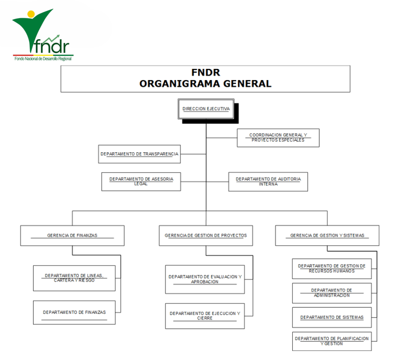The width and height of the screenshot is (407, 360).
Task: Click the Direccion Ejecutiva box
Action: tap(206, 109)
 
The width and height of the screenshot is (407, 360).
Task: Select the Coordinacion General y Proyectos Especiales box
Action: tap(278, 138)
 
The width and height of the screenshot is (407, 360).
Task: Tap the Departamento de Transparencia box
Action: tap(139, 154)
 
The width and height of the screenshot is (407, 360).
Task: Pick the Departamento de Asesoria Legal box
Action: tap(141, 182)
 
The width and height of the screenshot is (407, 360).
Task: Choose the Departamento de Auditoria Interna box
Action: tap(268, 182)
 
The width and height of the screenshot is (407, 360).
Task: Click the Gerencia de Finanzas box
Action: tap(72, 236)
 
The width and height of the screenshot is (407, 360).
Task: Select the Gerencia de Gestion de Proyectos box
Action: tap(206, 236)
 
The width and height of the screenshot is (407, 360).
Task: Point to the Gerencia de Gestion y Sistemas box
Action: tap(327, 236)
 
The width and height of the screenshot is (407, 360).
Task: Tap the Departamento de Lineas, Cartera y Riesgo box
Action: tap(74, 278)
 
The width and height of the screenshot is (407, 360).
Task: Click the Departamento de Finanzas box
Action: tap(74, 312)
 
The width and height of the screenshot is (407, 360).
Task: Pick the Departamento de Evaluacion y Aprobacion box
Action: tap(205, 279)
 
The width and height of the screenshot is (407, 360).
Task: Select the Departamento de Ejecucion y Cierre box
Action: tap(205, 316)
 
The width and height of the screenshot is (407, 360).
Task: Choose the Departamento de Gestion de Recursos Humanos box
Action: tap(331, 269)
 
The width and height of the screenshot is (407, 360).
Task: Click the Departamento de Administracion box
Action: tap(331, 293)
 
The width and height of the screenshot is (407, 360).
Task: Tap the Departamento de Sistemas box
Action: tap(331, 317)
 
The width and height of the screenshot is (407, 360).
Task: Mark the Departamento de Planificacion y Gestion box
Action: tap(331, 341)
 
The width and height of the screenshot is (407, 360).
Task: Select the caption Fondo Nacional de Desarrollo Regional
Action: tap(43, 59)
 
